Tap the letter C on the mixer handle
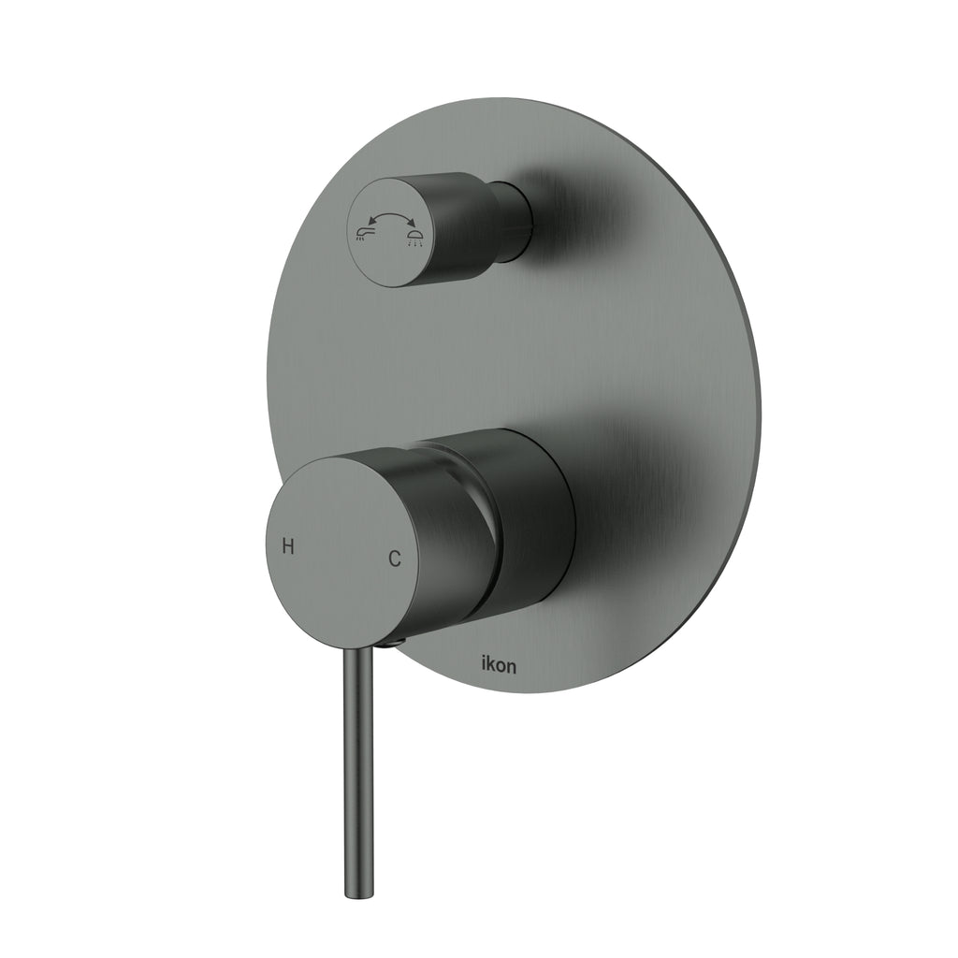coord(395,559)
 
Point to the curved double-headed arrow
coord(388,217)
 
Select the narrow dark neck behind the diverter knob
coord(516,220)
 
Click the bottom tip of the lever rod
coord(356,893)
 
